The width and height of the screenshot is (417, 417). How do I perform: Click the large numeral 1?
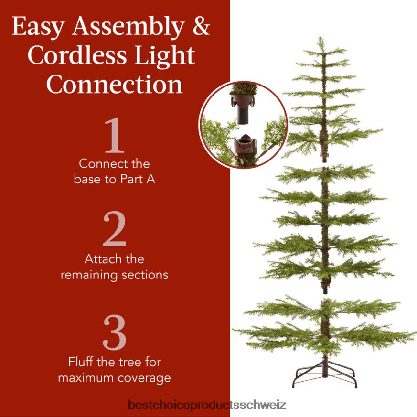click(x=115, y=137)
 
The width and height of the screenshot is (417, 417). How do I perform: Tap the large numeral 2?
click(x=115, y=231)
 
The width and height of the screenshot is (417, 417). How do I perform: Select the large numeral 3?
click(x=115, y=333)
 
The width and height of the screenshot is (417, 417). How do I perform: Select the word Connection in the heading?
click(x=115, y=85)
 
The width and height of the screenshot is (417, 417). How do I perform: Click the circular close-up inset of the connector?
click(x=243, y=124)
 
